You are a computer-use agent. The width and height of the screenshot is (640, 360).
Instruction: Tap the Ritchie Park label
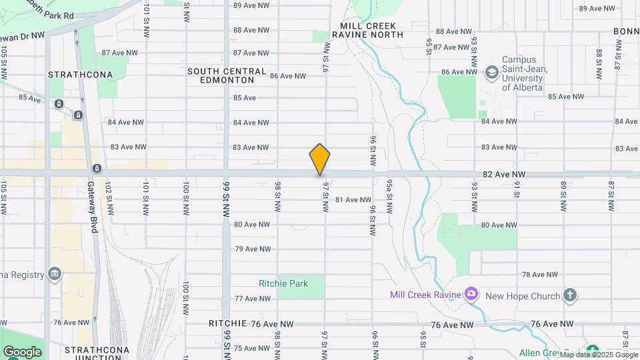pyautogui.click(x=283, y=283)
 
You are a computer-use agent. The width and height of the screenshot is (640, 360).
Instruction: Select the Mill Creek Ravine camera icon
pyautogui.click(x=471, y=293)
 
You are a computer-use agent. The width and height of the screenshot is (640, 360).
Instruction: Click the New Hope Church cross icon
pyautogui.click(x=569, y=294)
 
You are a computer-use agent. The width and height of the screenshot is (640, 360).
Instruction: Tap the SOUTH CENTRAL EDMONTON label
pyautogui.click(x=227, y=75)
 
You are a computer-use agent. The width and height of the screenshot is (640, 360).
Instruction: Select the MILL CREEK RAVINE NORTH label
pyautogui.click(x=372, y=30)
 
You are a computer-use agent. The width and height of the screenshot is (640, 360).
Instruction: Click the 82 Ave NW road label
pyautogui.click(x=505, y=175)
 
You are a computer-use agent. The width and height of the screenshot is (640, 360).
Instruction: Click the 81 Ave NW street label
pyautogui.click(x=353, y=200)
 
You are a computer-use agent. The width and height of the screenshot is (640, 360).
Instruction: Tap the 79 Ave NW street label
pyautogui.click(x=253, y=249)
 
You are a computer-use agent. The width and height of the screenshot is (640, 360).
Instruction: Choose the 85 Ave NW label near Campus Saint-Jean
pyautogui.click(x=566, y=97)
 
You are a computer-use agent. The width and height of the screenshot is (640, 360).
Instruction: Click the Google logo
pyautogui.click(x=22, y=351)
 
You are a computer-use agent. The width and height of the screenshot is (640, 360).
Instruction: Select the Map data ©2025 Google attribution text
pyautogui.click(x=599, y=354)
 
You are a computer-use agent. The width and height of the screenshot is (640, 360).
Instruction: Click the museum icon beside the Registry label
pyautogui.click(x=55, y=273)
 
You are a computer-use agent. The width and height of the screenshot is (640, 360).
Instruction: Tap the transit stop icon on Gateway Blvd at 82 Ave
pyautogui.click(x=97, y=168)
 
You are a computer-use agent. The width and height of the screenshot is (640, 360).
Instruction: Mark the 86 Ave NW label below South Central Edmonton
pyautogui.click(x=288, y=76)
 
